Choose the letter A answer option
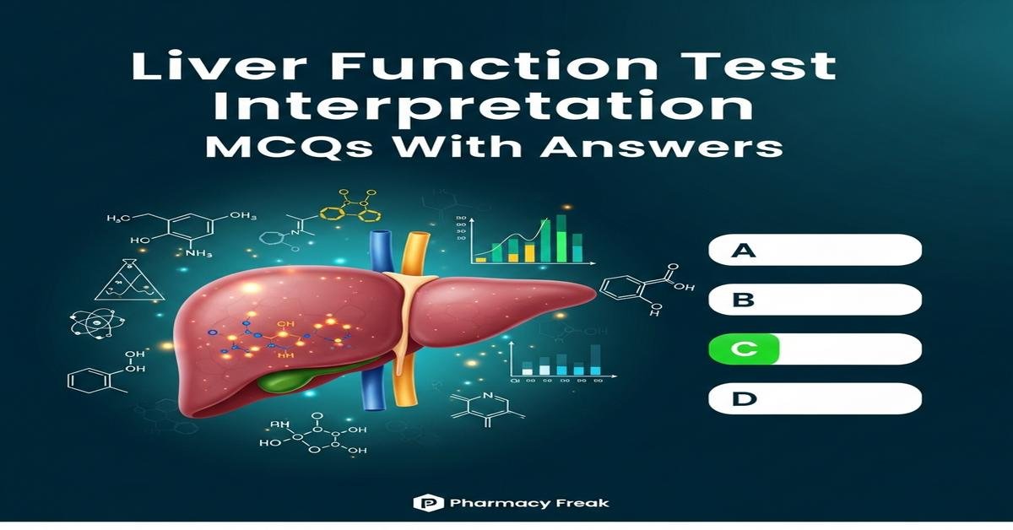coord(815,250)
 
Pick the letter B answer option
coord(815,299)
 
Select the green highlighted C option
coord(743,348)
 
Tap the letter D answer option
coord(815,397)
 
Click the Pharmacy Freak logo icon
coord(422,503)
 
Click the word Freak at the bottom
coord(581,503)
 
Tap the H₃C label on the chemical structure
coord(120,219)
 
